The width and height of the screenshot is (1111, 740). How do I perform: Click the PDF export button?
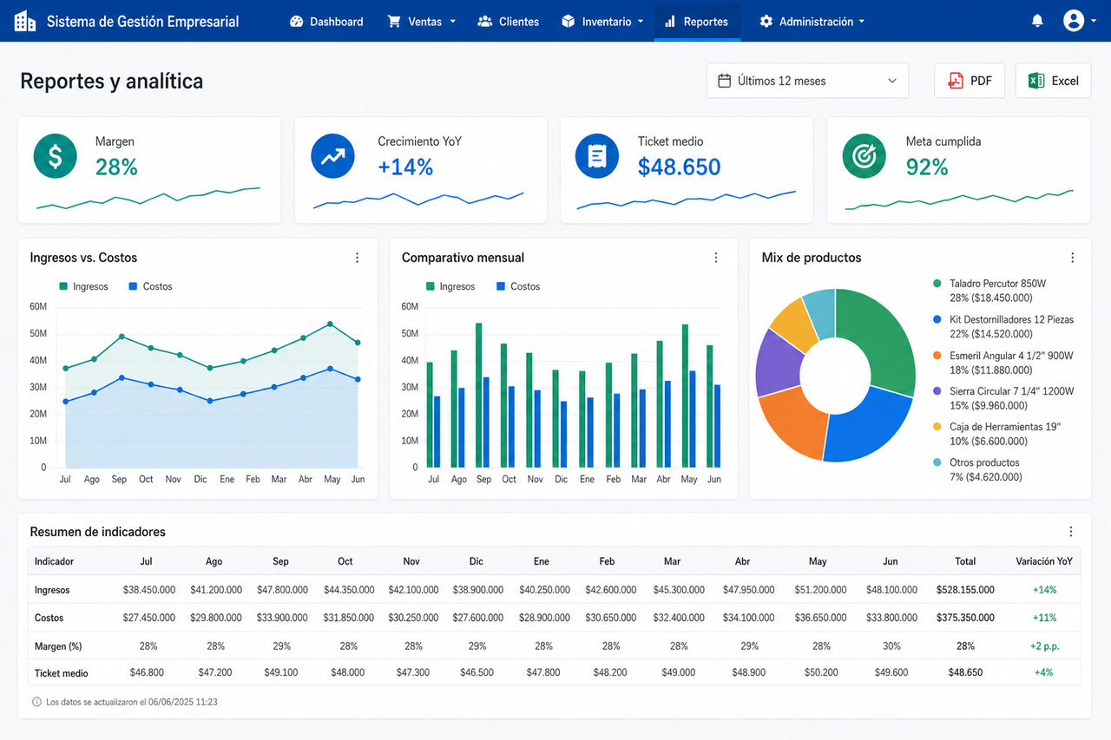(970, 81)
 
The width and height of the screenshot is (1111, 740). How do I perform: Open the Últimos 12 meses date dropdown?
(807, 81)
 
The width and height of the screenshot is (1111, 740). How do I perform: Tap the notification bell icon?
(1037, 22)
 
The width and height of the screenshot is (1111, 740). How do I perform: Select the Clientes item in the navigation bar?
(509, 22)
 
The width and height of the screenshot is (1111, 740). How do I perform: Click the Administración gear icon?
(766, 22)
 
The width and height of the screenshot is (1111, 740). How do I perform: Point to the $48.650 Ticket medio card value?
(679, 167)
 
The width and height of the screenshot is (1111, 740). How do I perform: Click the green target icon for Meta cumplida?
(864, 156)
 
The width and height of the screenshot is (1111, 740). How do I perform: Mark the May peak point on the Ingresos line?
(331, 324)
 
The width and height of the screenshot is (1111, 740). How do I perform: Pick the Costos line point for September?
(122, 377)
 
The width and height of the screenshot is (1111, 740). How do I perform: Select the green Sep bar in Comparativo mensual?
(478, 395)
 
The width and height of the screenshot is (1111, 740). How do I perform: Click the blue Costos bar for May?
(693, 419)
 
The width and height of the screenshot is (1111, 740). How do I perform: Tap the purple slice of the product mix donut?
(779, 363)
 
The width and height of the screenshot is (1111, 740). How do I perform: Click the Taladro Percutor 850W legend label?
(997, 284)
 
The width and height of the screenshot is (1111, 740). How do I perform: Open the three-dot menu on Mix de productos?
(1072, 258)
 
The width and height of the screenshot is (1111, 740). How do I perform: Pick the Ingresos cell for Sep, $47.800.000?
(282, 590)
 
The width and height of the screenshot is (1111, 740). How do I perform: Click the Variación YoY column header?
(1044, 561)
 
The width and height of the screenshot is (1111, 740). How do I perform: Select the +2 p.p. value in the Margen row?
(1044, 645)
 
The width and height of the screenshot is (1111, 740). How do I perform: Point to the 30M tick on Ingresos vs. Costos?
(38, 387)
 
